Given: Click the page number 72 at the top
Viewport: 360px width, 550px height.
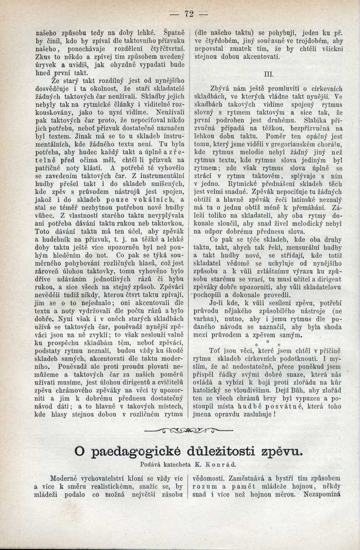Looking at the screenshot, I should (x=189, y=14).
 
